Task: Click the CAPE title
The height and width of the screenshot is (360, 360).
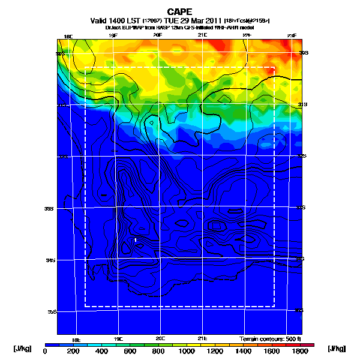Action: click(x=180, y=11)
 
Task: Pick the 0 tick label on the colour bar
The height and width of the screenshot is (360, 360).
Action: click(x=46, y=351)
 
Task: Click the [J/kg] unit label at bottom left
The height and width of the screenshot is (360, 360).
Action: click(x=23, y=349)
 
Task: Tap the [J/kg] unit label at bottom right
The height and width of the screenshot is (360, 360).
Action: click(x=338, y=349)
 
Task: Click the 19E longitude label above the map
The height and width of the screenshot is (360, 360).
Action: click(x=113, y=36)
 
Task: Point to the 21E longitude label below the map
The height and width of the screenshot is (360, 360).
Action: click(x=202, y=338)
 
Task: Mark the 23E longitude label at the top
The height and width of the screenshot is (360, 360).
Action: click(x=292, y=36)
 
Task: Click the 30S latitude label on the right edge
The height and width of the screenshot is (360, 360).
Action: click(x=304, y=53)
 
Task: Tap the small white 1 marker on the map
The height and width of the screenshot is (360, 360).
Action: click(x=136, y=240)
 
